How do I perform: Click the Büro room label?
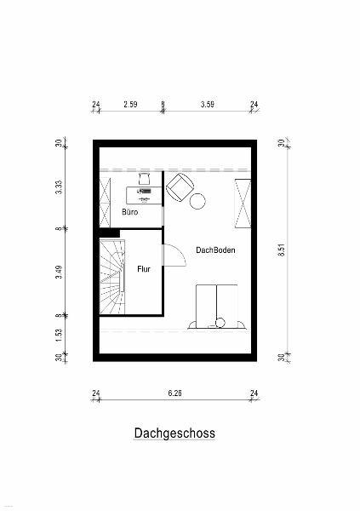(x=129, y=212)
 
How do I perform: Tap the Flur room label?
(x=144, y=269)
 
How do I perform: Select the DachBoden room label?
(x=215, y=250)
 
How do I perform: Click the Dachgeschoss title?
(x=174, y=433)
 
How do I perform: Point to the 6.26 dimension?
(x=174, y=393)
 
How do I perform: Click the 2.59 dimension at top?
(x=130, y=104)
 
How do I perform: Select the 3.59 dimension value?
(x=208, y=104)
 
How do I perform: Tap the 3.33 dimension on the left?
(x=59, y=187)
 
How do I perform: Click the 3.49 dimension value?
(x=59, y=273)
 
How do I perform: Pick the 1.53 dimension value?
(x=59, y=335)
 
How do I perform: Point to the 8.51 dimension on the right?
(x=282, y=250)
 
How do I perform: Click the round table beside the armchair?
(x=197, y=201)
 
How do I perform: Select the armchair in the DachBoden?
(x=180, y=187)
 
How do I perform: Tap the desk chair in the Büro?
(x=144, y=179)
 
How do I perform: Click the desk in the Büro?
(x=145, y=195)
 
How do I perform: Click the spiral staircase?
(x=112, y=277)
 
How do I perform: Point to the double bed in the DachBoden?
(x=217, y=307)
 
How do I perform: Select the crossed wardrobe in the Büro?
(x=105, y=202)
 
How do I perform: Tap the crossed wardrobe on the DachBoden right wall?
(x=243, y=203)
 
